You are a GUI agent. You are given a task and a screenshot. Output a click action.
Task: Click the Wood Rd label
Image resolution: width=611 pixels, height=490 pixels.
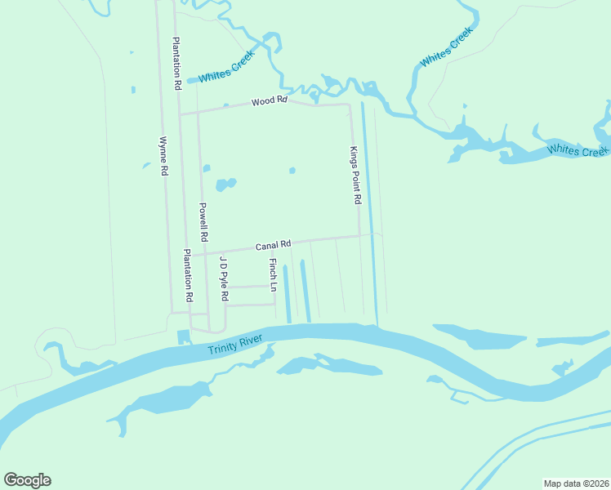point(270,101)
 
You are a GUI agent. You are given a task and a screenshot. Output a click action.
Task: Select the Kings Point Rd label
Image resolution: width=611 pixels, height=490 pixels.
point(355,175)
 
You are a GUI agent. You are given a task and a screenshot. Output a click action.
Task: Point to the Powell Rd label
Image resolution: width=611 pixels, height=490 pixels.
point(204,222)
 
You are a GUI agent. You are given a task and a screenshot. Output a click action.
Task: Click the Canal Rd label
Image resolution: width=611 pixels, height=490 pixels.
point(274,245)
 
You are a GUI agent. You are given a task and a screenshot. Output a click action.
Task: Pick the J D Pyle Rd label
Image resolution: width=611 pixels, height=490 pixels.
point(223,278)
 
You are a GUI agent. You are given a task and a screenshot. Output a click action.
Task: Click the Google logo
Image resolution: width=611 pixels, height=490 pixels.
point(27,480)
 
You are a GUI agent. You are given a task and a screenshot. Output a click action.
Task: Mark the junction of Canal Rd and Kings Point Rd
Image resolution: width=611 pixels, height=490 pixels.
point(359,236)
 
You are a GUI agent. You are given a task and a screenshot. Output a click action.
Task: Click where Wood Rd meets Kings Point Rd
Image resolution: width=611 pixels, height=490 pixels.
point(350,105)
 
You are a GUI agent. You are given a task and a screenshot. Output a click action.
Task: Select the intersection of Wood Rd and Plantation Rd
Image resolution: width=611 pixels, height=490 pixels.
point(180,114)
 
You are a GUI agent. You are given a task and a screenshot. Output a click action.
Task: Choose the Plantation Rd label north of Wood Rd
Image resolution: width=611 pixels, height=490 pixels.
point(176,63)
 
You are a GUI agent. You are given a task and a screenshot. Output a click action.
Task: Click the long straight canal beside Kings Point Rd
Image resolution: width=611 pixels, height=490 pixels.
point(369,212)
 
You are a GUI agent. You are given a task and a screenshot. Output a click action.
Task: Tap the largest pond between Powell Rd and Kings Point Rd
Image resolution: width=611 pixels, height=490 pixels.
point(225,184)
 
